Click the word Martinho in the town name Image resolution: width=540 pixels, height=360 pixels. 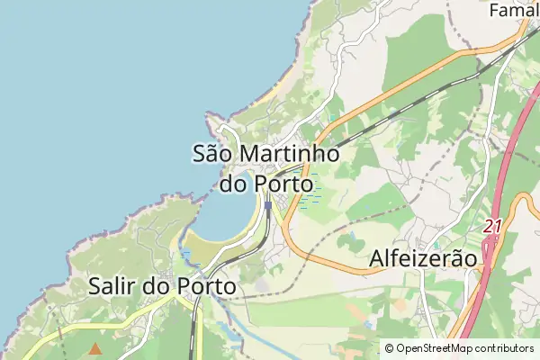pyautogui.click(x=291, y=154)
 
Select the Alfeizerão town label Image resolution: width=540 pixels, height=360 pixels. pyautogui.click(x=422, y=258)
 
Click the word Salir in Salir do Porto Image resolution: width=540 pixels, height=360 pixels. pyautogui.click(x=112, y=286)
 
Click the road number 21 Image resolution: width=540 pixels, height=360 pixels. pyautogui.click(x=491, y=227)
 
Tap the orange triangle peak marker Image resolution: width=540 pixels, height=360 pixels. pyautogui.click(x=95, y=346)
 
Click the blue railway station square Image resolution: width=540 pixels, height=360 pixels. pyautogui.click(x=267, y=206)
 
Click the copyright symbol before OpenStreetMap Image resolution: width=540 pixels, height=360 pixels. pyautogui.click(x=389, y=348)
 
